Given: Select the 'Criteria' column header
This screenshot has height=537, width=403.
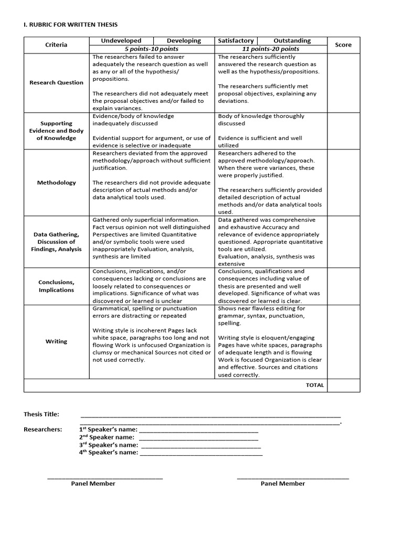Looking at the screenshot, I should [x=56, y=45].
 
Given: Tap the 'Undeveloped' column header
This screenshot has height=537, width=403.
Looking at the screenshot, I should [x=121, y=40].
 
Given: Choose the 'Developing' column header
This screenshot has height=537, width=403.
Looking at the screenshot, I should [x=184, y=40].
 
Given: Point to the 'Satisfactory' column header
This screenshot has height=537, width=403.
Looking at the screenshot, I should [x=236, y=40].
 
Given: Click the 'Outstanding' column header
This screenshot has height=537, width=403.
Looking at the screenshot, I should [x=292, y=40].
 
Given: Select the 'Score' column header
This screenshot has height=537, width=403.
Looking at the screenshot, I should [x=343, y=45].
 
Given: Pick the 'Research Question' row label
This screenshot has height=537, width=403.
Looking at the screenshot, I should [x=56, y=82].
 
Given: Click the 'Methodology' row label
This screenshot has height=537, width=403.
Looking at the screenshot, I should [x=56, y=182].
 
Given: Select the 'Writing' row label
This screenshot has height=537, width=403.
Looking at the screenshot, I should [x=56, y=341].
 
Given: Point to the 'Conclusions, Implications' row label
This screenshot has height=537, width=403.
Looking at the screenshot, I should [x=56, y=286].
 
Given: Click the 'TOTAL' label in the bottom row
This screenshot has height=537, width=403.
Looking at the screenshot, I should [x=315, y=385].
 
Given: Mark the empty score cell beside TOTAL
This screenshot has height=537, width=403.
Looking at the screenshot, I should [x=344, y=385].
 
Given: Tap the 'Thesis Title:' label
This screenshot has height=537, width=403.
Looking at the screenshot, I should [x=41, y=414].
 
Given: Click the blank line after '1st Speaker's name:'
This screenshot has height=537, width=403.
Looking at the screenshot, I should [x=199, y=429].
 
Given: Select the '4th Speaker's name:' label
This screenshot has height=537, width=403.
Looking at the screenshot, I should [x=109, y=452].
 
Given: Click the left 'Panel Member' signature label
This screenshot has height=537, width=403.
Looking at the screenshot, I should [x=93, y=484].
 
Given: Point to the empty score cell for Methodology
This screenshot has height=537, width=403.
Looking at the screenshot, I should [x=344, y=182].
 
